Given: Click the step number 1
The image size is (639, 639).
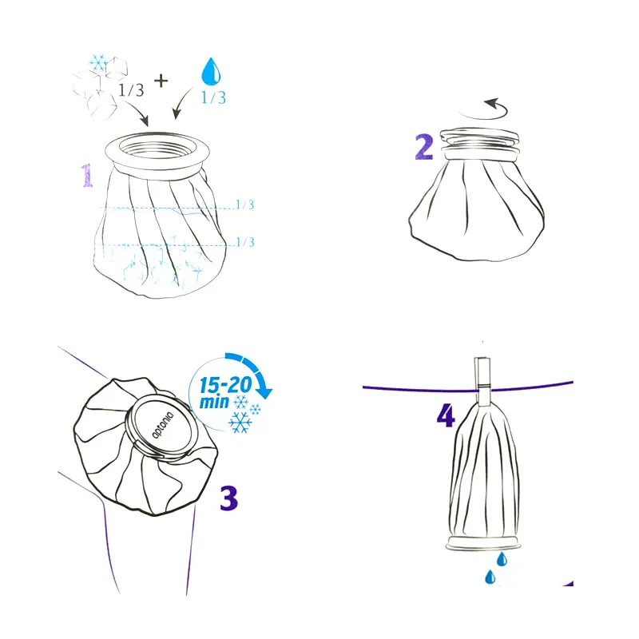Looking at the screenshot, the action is coord(87,176).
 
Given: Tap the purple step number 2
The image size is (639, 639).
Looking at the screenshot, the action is coord(424,147).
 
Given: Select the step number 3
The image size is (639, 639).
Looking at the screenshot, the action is coord(228,498).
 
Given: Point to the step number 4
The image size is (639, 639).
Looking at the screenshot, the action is coord(446,415).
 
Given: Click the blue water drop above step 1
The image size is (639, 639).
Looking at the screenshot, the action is coord(211,71).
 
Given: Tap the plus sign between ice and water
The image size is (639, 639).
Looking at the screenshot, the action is coord(161,81).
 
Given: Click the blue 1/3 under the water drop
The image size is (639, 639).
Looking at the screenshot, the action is coord(213,97).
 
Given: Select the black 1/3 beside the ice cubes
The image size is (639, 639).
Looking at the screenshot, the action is coord(131,90).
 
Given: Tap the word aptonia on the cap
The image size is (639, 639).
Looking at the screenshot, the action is coord(163,425).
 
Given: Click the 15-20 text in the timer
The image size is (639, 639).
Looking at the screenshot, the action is coord(225,385).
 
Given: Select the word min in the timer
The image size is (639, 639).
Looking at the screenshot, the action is coord(214,403).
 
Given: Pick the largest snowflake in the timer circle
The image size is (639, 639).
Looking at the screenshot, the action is coord(240,423).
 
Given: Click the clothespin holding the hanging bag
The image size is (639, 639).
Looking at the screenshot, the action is coord(483,382).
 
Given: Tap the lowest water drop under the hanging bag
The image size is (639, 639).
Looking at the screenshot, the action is coord(490,577).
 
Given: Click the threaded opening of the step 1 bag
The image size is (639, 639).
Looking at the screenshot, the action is coord(157,149).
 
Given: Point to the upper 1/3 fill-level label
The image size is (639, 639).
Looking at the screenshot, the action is coord(245,204).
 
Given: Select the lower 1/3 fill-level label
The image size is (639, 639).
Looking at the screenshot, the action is coord(245,242).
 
